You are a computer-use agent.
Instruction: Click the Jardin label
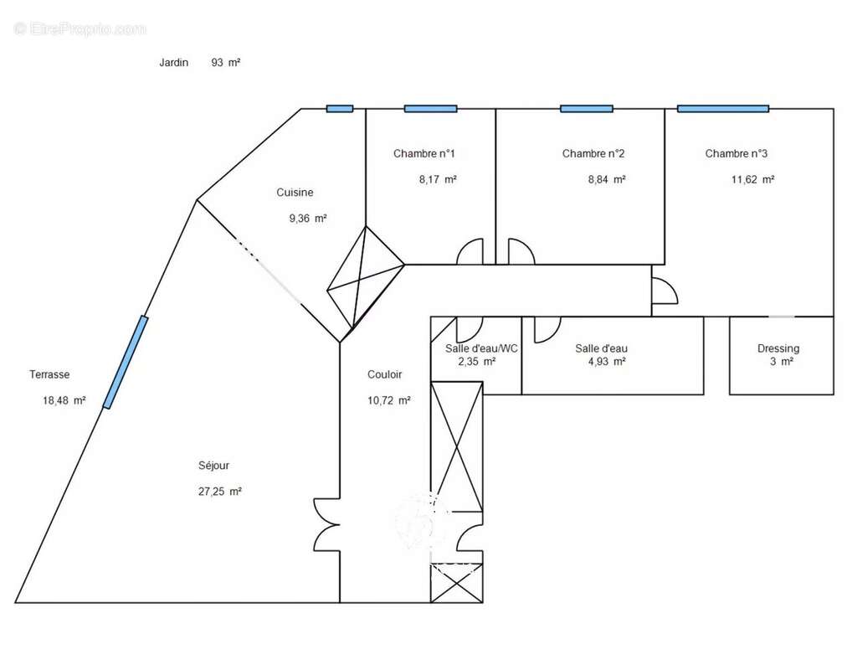(174, 62)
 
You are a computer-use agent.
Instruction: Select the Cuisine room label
(295, 193)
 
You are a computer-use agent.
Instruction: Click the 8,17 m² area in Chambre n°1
(438, 179)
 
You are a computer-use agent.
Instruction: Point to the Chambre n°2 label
(593, 153)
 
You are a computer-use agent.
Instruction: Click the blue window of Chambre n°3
(722, 109)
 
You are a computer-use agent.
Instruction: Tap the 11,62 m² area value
(752, 179)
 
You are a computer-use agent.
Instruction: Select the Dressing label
(778, 348)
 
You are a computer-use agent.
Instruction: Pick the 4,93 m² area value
(607, 362)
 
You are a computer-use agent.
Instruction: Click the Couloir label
(384, 374)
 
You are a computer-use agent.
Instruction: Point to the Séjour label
(213, 466)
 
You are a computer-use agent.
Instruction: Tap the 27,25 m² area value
(219, 492)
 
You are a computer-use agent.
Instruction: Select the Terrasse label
(49, 374)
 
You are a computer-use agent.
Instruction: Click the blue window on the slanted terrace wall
(126, 362)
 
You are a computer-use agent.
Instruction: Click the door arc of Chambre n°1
(470, 252)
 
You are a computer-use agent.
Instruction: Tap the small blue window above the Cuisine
(339, 109)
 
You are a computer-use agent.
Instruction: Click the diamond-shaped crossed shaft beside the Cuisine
(364, 276)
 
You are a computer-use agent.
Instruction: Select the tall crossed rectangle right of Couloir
(456, 446)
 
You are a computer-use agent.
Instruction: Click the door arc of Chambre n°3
(664, 291)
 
